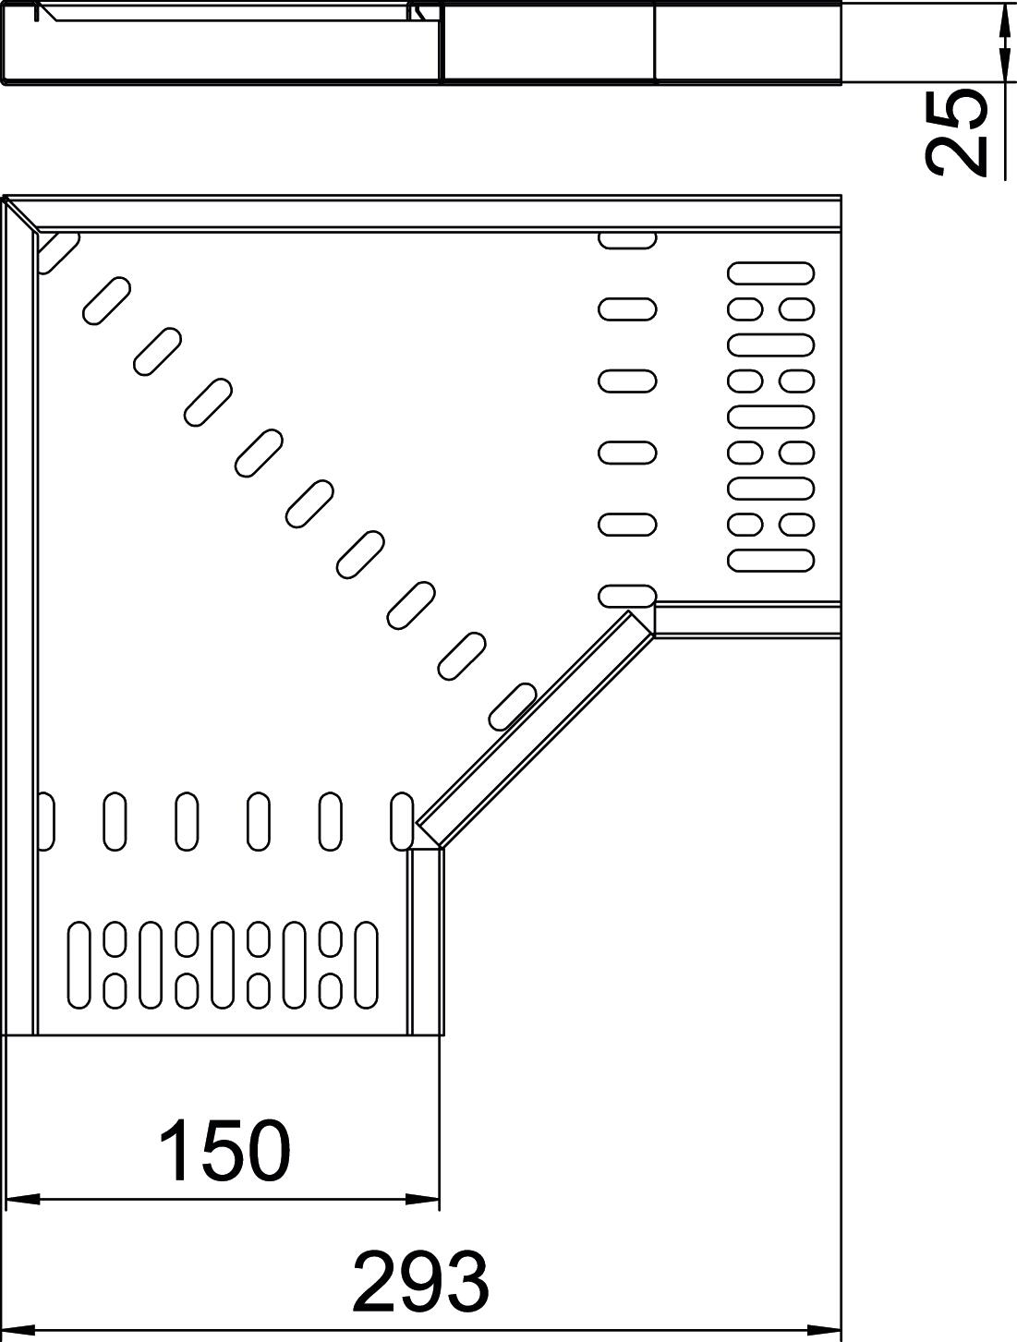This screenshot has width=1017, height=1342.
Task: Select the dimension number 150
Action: pos(224,1151)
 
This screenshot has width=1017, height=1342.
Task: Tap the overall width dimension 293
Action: pos(420,1282)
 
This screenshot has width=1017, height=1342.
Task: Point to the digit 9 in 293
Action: pos(420,1282)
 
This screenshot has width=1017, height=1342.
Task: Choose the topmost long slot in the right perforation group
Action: pos(771,272)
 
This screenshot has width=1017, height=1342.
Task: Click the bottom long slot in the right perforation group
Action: pos(771,559)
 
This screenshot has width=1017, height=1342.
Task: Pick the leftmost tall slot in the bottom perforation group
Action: pos(79,965)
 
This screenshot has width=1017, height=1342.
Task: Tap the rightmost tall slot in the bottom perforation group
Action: pos(367,965)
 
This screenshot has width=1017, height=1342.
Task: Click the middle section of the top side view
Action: pos(549,42)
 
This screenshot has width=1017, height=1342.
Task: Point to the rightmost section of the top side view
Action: pos(748,42)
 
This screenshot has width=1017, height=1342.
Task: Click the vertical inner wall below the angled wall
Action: pos(426,942)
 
